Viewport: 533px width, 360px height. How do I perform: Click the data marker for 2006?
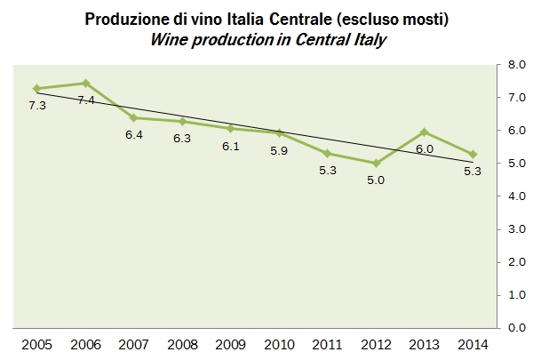pos(86,83)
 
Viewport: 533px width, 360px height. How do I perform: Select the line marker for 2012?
pos(376,163)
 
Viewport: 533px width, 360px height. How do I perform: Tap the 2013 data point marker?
pos(425,132)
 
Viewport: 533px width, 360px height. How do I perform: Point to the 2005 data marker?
pos(37,88)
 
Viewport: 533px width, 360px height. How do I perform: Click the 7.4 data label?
pos(86,100)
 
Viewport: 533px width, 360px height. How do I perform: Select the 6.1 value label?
pos(231,146)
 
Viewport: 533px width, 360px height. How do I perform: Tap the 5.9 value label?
pos(279,150)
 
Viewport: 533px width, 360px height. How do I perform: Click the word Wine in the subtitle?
pos(169,39)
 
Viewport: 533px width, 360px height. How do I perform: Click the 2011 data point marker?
pos(328,153)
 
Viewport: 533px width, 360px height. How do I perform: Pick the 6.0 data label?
pos(425,149)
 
